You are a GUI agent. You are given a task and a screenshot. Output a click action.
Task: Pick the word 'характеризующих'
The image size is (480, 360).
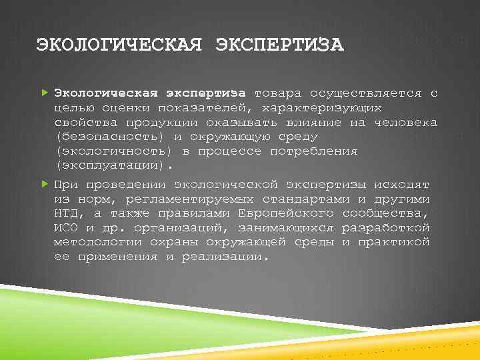322,108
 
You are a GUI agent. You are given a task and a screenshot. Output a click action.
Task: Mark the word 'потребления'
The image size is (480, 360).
313,151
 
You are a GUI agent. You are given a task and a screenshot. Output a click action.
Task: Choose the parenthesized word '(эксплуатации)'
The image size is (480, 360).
113,166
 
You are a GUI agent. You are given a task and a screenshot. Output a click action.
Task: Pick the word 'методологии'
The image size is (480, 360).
93,242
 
